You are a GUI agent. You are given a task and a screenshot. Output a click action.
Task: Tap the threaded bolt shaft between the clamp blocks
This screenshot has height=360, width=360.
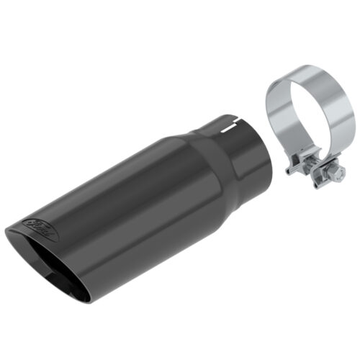click(x=317, y=172)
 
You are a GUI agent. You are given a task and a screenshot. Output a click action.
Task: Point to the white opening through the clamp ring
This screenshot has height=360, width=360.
click(x=310, y=119)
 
